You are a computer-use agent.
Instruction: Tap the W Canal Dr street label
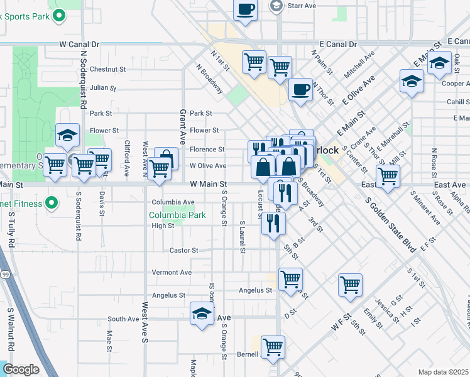80,45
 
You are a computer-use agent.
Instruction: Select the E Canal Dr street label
337,45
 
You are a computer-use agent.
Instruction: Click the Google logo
21,369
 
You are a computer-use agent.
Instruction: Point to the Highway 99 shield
4,275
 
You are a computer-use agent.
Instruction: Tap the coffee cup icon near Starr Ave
245,10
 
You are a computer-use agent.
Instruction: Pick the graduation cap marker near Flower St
67,134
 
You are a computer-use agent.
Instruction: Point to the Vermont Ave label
172,273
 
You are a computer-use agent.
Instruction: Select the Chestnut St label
107,69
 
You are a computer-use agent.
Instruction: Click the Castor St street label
184,250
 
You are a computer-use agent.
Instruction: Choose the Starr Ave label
301,6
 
